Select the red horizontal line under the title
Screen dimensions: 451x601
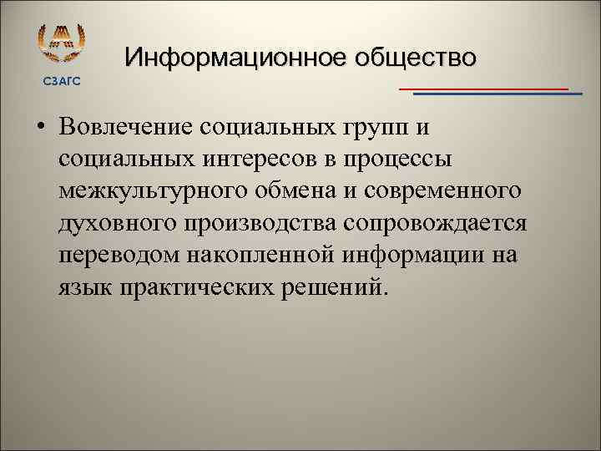483,88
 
